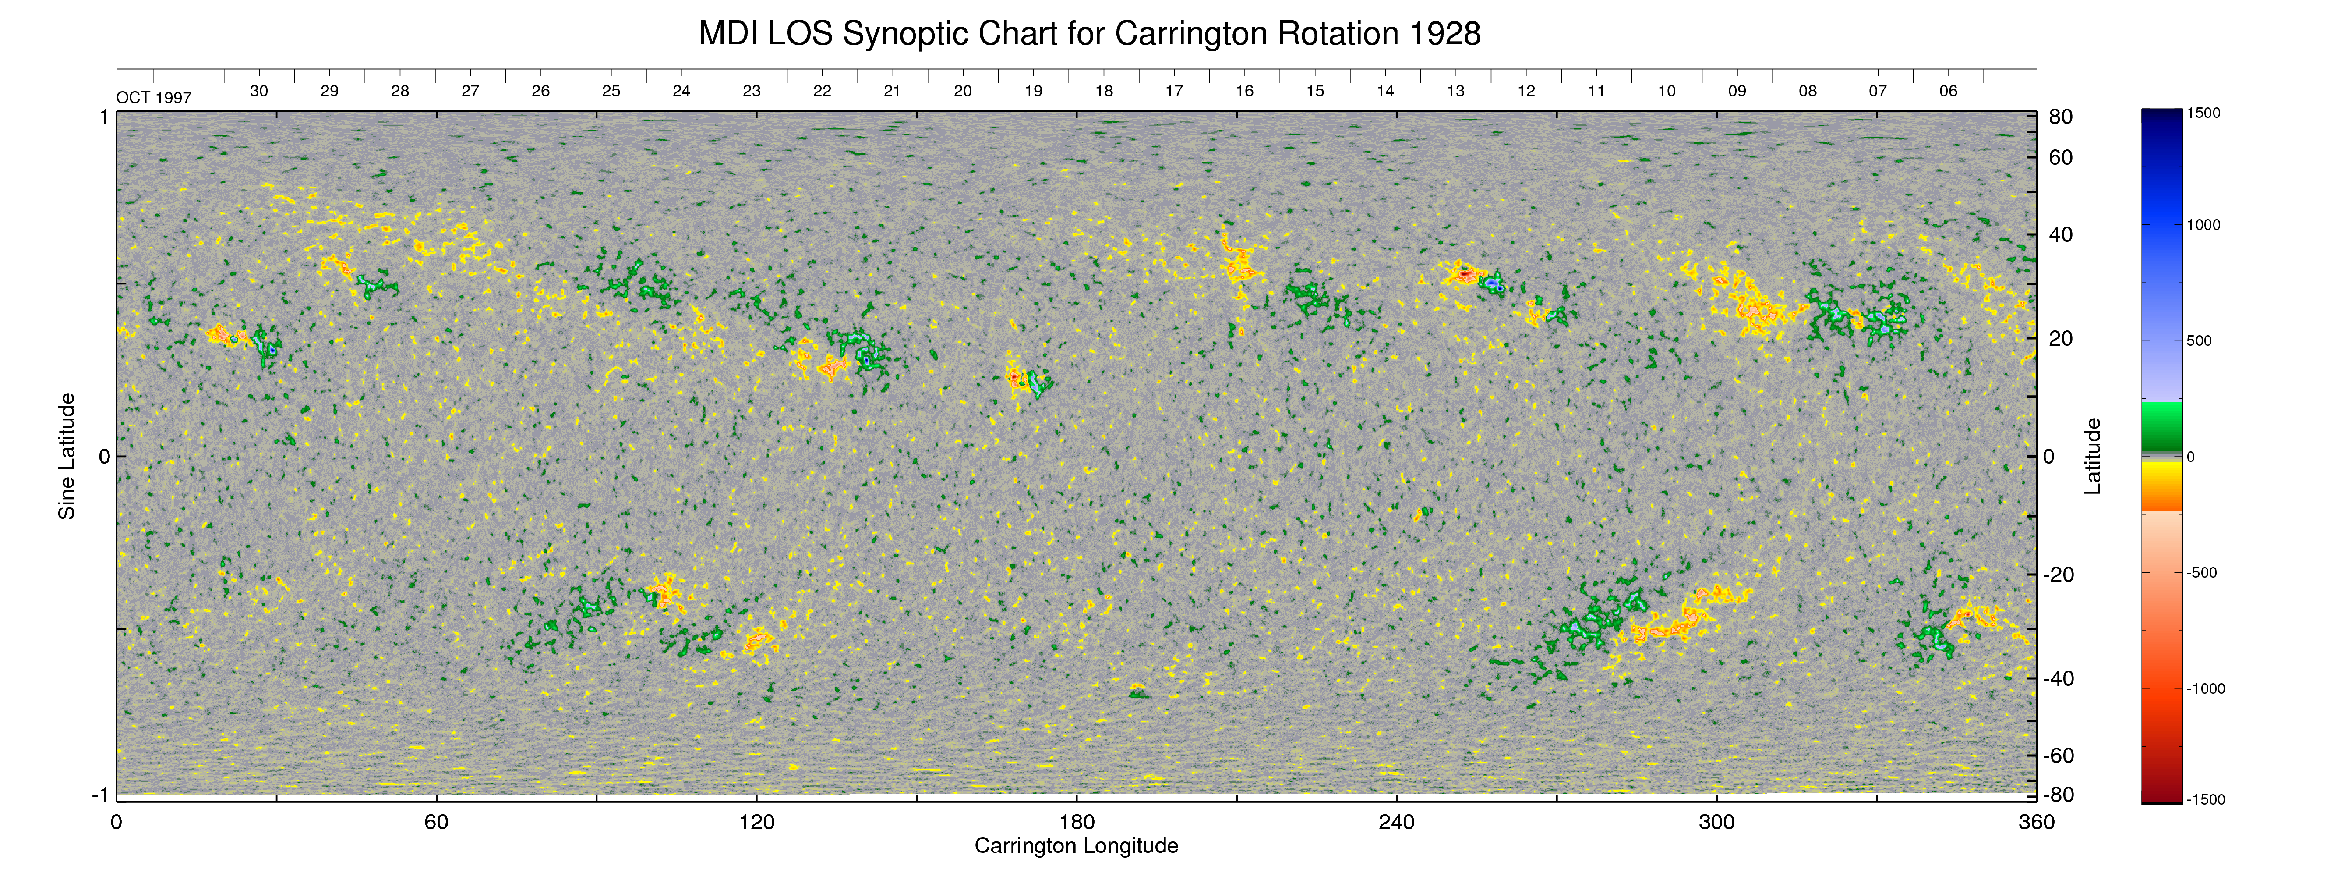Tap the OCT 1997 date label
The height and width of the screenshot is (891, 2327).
154,98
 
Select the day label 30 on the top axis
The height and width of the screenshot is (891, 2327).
259,91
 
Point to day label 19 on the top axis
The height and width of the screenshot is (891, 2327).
1034,91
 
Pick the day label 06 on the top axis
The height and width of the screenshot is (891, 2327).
1949,91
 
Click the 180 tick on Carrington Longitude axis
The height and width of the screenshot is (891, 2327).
1077,822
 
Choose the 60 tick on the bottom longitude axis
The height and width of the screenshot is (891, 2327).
436,822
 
